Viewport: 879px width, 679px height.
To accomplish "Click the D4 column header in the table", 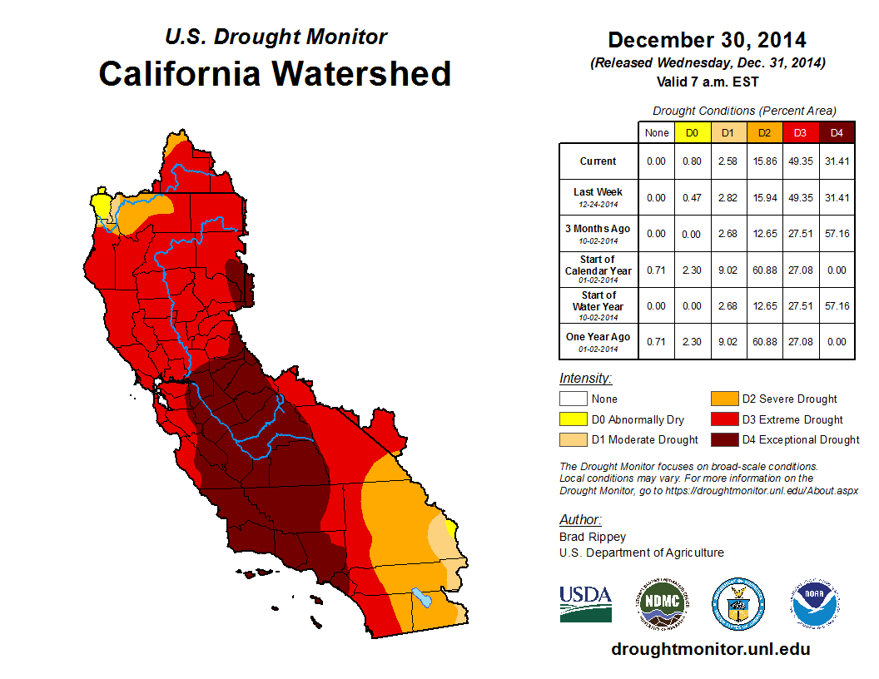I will coord(837,132).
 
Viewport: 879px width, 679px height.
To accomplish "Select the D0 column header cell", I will coord(692,132).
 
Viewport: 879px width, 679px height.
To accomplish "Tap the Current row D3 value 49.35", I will coord(800,161).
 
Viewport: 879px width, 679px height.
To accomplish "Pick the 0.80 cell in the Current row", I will coord(692,161).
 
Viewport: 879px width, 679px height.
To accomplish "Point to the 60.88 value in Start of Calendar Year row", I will coord(764,270).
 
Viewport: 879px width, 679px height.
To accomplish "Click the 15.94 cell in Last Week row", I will coord(764,197).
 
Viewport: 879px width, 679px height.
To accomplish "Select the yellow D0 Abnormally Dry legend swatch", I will coord(574,419).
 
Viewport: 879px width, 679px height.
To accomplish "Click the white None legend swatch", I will coord(574,399).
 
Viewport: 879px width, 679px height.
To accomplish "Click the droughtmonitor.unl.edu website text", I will coord(710,649).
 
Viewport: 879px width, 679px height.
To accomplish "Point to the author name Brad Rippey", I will coord(592,538).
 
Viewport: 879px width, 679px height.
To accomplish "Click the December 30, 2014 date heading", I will coord(707,40).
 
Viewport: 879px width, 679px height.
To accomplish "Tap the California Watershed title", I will coord(275,73).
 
